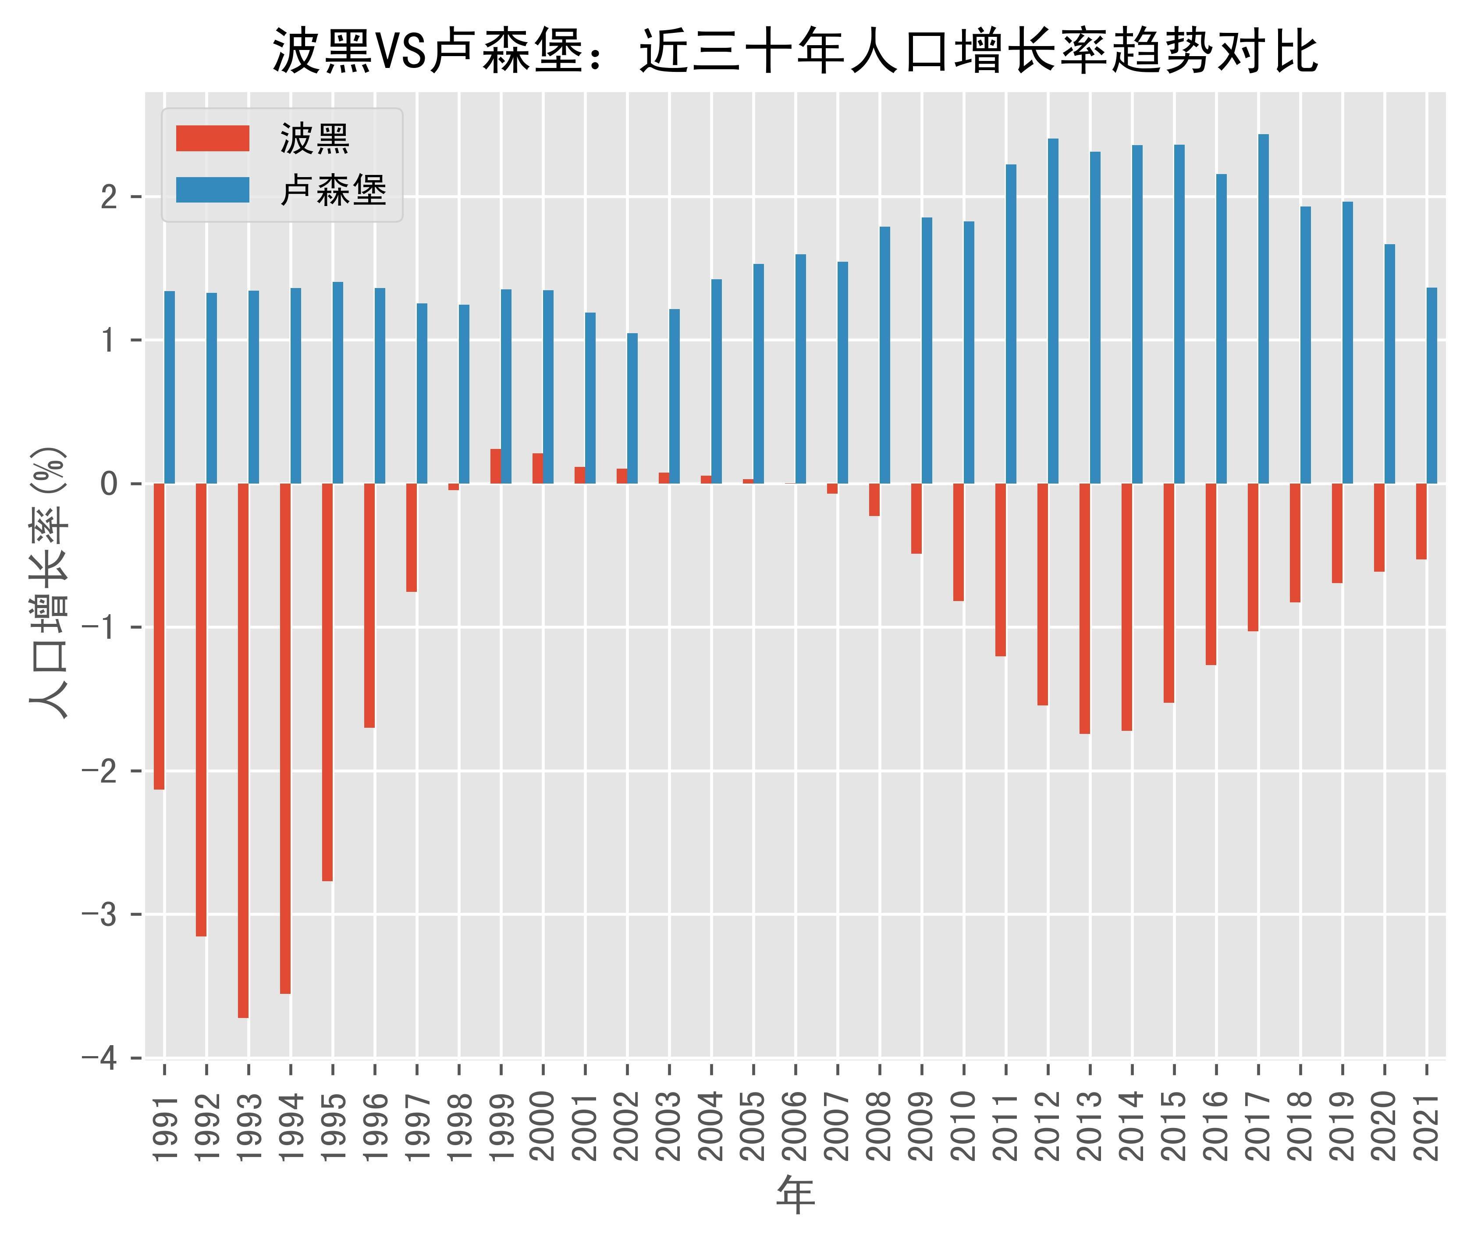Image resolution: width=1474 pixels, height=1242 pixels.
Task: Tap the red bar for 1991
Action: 159,637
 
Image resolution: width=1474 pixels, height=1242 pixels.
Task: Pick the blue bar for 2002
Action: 632,408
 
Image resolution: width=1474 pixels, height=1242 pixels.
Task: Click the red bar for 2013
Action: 1085,609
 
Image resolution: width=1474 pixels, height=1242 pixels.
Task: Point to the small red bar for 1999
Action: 496,466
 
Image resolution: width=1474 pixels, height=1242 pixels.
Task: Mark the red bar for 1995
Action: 327,682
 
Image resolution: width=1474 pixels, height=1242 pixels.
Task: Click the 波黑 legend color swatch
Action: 213,139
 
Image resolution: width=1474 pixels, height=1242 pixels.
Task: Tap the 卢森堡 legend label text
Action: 333,190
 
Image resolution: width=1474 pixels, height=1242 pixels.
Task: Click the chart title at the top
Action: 796,51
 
